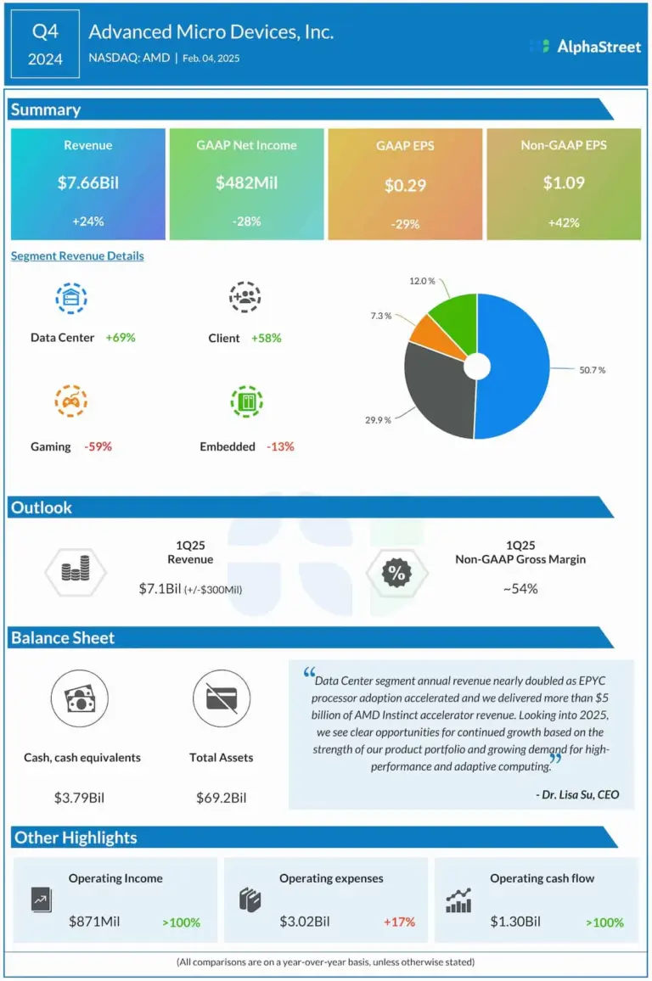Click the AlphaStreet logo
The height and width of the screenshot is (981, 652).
click(x=585, y=47)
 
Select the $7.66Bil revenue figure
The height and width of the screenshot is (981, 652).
click(x=88, y=182)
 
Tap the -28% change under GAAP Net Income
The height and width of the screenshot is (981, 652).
click(x=246, y=221)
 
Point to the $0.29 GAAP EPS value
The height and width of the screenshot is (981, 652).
click(x=405, y=185)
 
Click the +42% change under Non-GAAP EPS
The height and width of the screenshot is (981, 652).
click(x=564, y=222)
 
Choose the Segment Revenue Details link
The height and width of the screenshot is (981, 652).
click(x=77, y=255)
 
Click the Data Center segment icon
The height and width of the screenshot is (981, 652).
click(x=71, y=297)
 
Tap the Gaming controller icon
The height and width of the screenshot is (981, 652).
click(x=71, y=401)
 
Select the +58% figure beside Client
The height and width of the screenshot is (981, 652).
click(x=266, y=338)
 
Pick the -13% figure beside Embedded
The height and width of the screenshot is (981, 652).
click(x=280, y=446)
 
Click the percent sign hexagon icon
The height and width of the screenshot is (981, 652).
click(x=396, y=574)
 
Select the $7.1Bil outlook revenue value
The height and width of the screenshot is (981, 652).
click(x=160, y=588)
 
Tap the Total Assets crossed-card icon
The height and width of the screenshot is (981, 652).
click(x=221, y=700)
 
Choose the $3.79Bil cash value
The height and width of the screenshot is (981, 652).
click(x=81, y=798)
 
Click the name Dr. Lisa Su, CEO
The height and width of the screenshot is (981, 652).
click(x=577, y=795)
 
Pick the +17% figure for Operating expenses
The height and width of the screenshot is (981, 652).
click(x=398, y=922)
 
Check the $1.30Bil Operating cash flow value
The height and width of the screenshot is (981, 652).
click(x=515, y=922)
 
